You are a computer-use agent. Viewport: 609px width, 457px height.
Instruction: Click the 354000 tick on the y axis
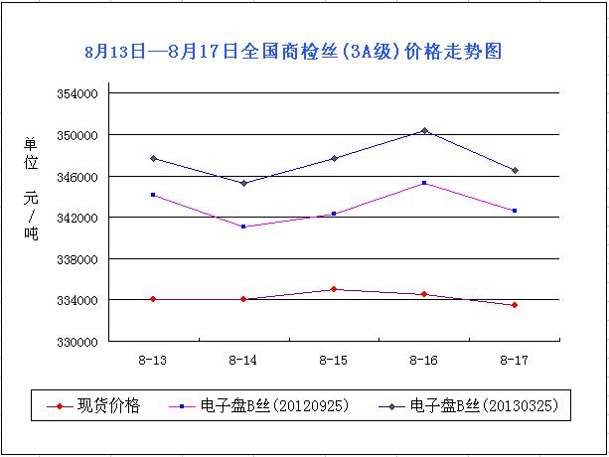click(76, 93)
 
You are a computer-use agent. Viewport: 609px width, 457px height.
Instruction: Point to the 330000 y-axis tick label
click(76, 342)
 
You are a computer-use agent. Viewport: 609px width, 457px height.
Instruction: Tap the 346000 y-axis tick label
click(76, 176)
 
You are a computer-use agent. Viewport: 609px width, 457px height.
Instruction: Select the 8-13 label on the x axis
click(153, 359)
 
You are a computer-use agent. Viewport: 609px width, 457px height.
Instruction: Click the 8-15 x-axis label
click(334, 359)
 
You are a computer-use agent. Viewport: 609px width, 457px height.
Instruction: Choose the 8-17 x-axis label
click(515, 359)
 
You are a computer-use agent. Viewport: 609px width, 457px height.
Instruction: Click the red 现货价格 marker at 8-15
click(334, 289)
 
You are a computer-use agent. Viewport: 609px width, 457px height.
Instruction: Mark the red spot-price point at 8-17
click(515, 305)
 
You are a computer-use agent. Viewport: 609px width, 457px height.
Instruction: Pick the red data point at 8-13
click(153, 299)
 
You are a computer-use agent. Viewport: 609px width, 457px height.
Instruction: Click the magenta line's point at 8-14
click(243, 227)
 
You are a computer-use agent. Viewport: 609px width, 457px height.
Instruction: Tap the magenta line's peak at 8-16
click(424, 183)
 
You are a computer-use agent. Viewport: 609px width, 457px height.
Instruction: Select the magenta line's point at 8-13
click(153, 195)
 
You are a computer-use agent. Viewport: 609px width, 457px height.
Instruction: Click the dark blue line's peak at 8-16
click(424, 130)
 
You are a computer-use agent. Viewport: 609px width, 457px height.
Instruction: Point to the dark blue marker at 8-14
click(243, 183)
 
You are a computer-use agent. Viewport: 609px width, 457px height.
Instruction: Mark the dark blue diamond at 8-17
click(515, 170)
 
